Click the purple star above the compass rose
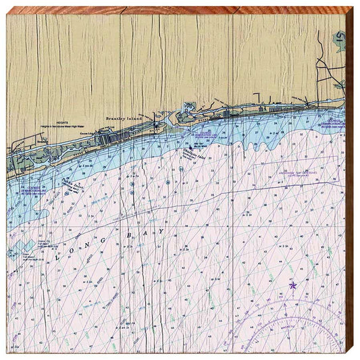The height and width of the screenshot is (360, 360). click(x=292, y=286)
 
